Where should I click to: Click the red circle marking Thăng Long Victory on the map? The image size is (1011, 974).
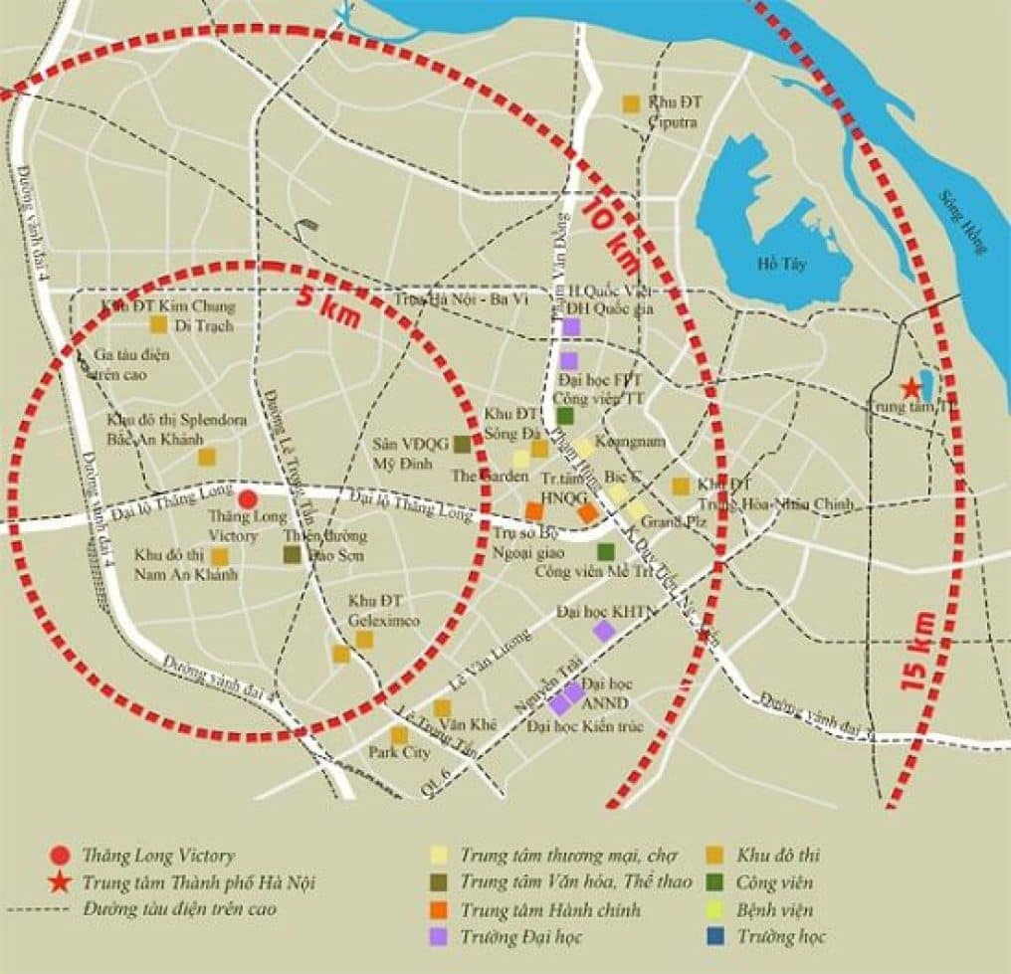tap(248, 498)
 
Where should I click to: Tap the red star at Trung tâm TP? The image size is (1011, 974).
tap(909, 388)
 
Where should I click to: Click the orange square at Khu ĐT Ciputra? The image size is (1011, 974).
tap(630, 102)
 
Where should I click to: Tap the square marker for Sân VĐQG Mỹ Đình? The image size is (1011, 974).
tap(462, 444)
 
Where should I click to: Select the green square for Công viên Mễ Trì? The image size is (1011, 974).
tap(605, 551)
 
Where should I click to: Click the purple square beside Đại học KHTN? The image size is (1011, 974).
tap(603, 630)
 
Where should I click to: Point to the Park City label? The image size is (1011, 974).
tap(399, 753)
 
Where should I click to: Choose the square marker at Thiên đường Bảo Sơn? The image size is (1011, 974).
tap(292, 554)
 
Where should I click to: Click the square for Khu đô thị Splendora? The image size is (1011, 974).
tap(207, 457)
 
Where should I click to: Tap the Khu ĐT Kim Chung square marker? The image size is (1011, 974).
tap(158, 323)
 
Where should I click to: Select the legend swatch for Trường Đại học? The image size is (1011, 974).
tap(438, 936)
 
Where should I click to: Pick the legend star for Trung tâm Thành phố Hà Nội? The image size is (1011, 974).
tap(61, 881)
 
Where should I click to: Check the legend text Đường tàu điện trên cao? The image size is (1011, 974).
tap(180, 909)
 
